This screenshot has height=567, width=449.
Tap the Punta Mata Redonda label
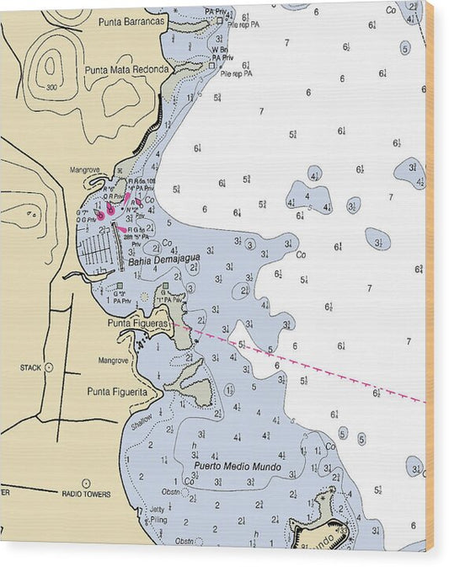click(126, 70)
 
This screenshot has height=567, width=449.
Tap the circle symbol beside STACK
click(49, 367)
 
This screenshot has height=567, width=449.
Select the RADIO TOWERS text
click(86, 495)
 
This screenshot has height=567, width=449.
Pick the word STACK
click(30, 368)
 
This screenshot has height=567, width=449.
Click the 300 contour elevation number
click(52, 87)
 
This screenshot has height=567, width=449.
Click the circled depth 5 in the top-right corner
click(405, 48)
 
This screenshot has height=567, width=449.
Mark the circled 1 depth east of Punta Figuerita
click(229, 389)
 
